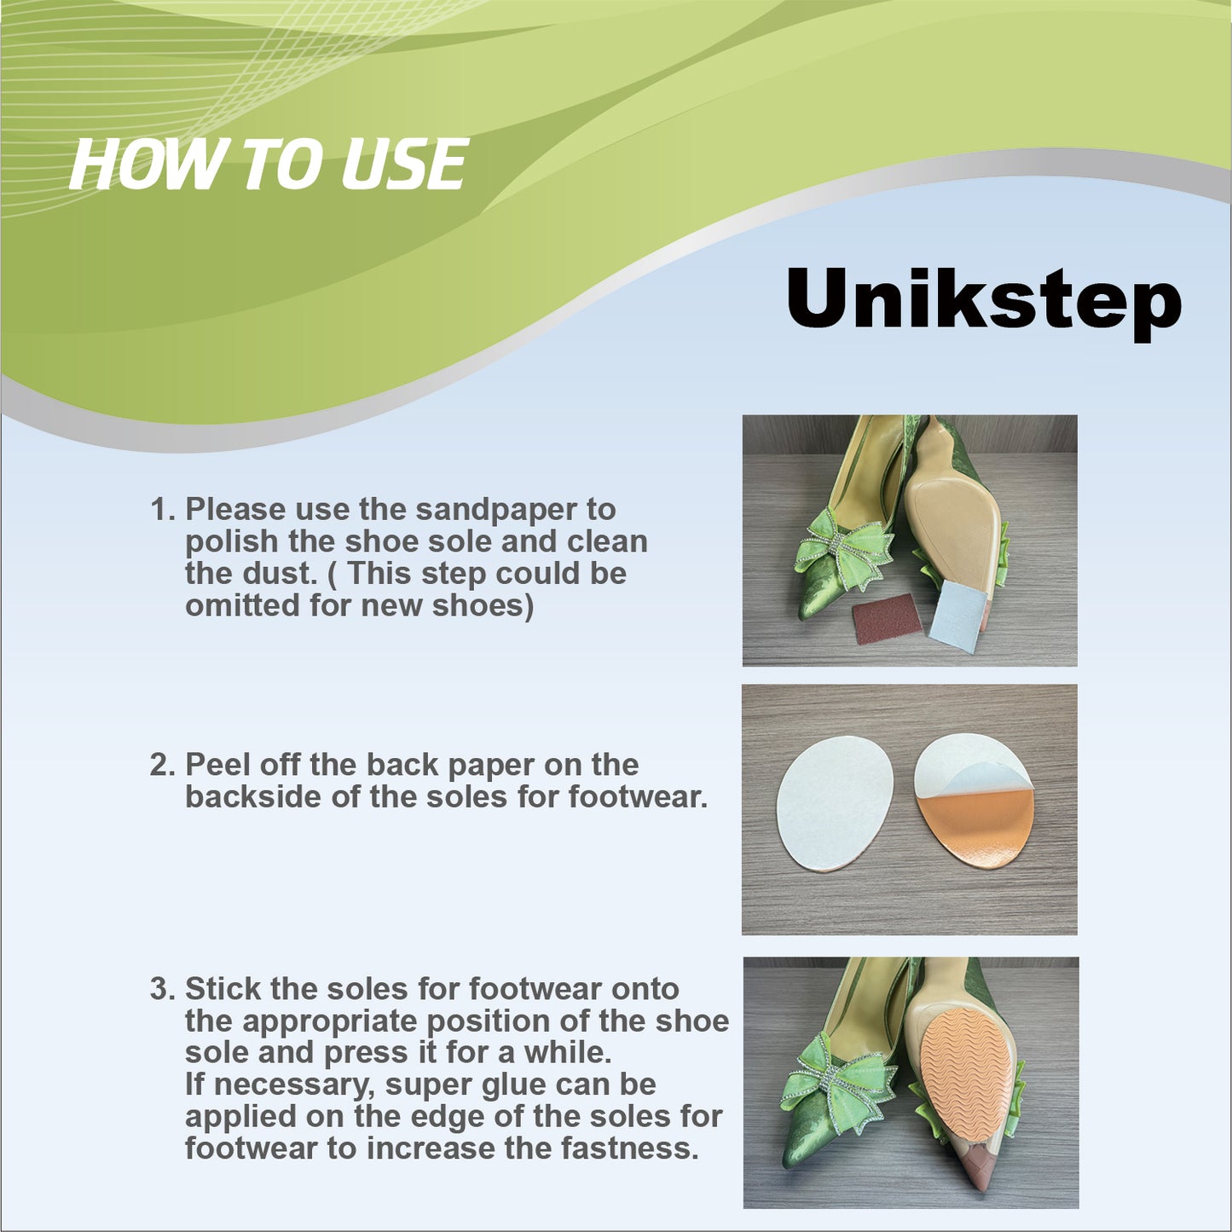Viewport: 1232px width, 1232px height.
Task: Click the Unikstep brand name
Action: click(x=983, y=303)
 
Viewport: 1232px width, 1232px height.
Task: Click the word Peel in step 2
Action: click(x=216, y=765)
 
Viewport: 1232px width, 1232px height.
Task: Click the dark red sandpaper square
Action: click(x=888, y=617)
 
